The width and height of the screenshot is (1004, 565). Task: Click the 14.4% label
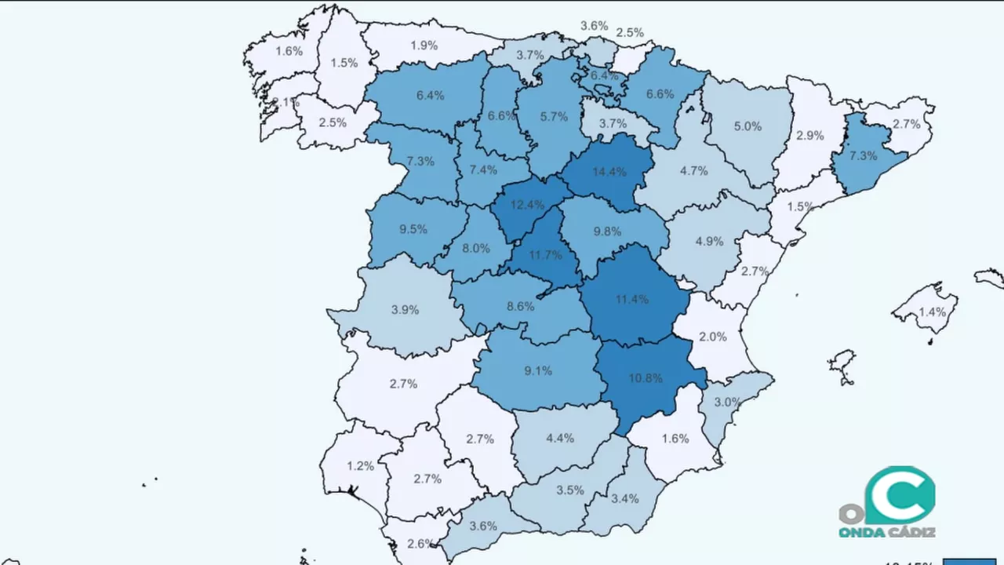click(609, 172)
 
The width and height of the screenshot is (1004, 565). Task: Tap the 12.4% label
click(527, 205)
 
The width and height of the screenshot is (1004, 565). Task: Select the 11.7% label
click(545, 255)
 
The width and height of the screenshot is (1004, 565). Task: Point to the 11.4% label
click(632, 299)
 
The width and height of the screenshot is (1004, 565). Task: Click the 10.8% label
click(646, 377)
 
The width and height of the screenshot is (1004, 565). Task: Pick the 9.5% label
click(413, 230)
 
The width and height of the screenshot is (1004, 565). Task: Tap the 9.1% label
click(538, 370)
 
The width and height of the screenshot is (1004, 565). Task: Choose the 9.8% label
click(607, 231)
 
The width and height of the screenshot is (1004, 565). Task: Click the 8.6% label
click(520, 306)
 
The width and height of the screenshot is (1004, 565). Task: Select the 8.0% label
click(475, 248)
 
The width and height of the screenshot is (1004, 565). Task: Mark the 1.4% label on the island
click(932, 312)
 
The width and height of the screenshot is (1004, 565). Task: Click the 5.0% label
click(748, 126)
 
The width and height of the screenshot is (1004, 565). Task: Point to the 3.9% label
click(405, 310)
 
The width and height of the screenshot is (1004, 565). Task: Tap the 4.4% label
click(560, 438)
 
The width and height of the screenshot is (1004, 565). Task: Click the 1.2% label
click(360, 465)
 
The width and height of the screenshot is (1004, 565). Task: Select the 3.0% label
click(726, 402)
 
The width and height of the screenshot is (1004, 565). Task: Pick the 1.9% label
click(424, 46)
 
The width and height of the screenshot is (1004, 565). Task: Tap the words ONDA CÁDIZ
click(886, 533)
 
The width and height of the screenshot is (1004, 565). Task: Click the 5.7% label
click(554, 116)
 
